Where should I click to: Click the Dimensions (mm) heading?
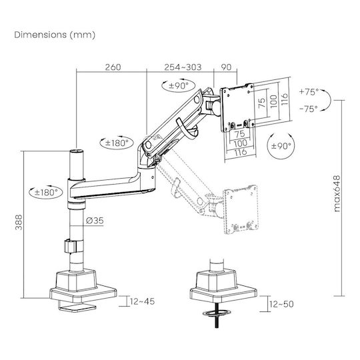point(55,35)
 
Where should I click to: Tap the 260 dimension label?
point(113,67)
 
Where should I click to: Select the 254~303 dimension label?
point(183,67)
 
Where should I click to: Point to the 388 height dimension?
point(19,222)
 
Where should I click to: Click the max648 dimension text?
point(337,193)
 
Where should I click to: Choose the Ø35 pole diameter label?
point(95,221)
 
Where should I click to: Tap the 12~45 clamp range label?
point(143,301)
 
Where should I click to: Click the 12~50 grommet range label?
point(281,304)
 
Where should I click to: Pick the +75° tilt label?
point(309,92)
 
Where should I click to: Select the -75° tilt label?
point(309,109)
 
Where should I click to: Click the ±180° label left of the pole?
point(46,192)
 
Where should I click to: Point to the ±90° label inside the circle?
point(281,146)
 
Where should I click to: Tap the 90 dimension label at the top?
point(226,67)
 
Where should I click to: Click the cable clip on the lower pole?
point(71,246)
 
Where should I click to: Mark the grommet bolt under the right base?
point(217,315)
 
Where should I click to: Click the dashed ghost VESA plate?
point(241,209)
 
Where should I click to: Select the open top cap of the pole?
point(77,151)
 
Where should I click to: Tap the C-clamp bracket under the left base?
point(76,306)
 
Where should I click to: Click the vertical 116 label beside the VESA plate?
point(285,99)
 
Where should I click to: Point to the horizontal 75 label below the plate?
point(239,133)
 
